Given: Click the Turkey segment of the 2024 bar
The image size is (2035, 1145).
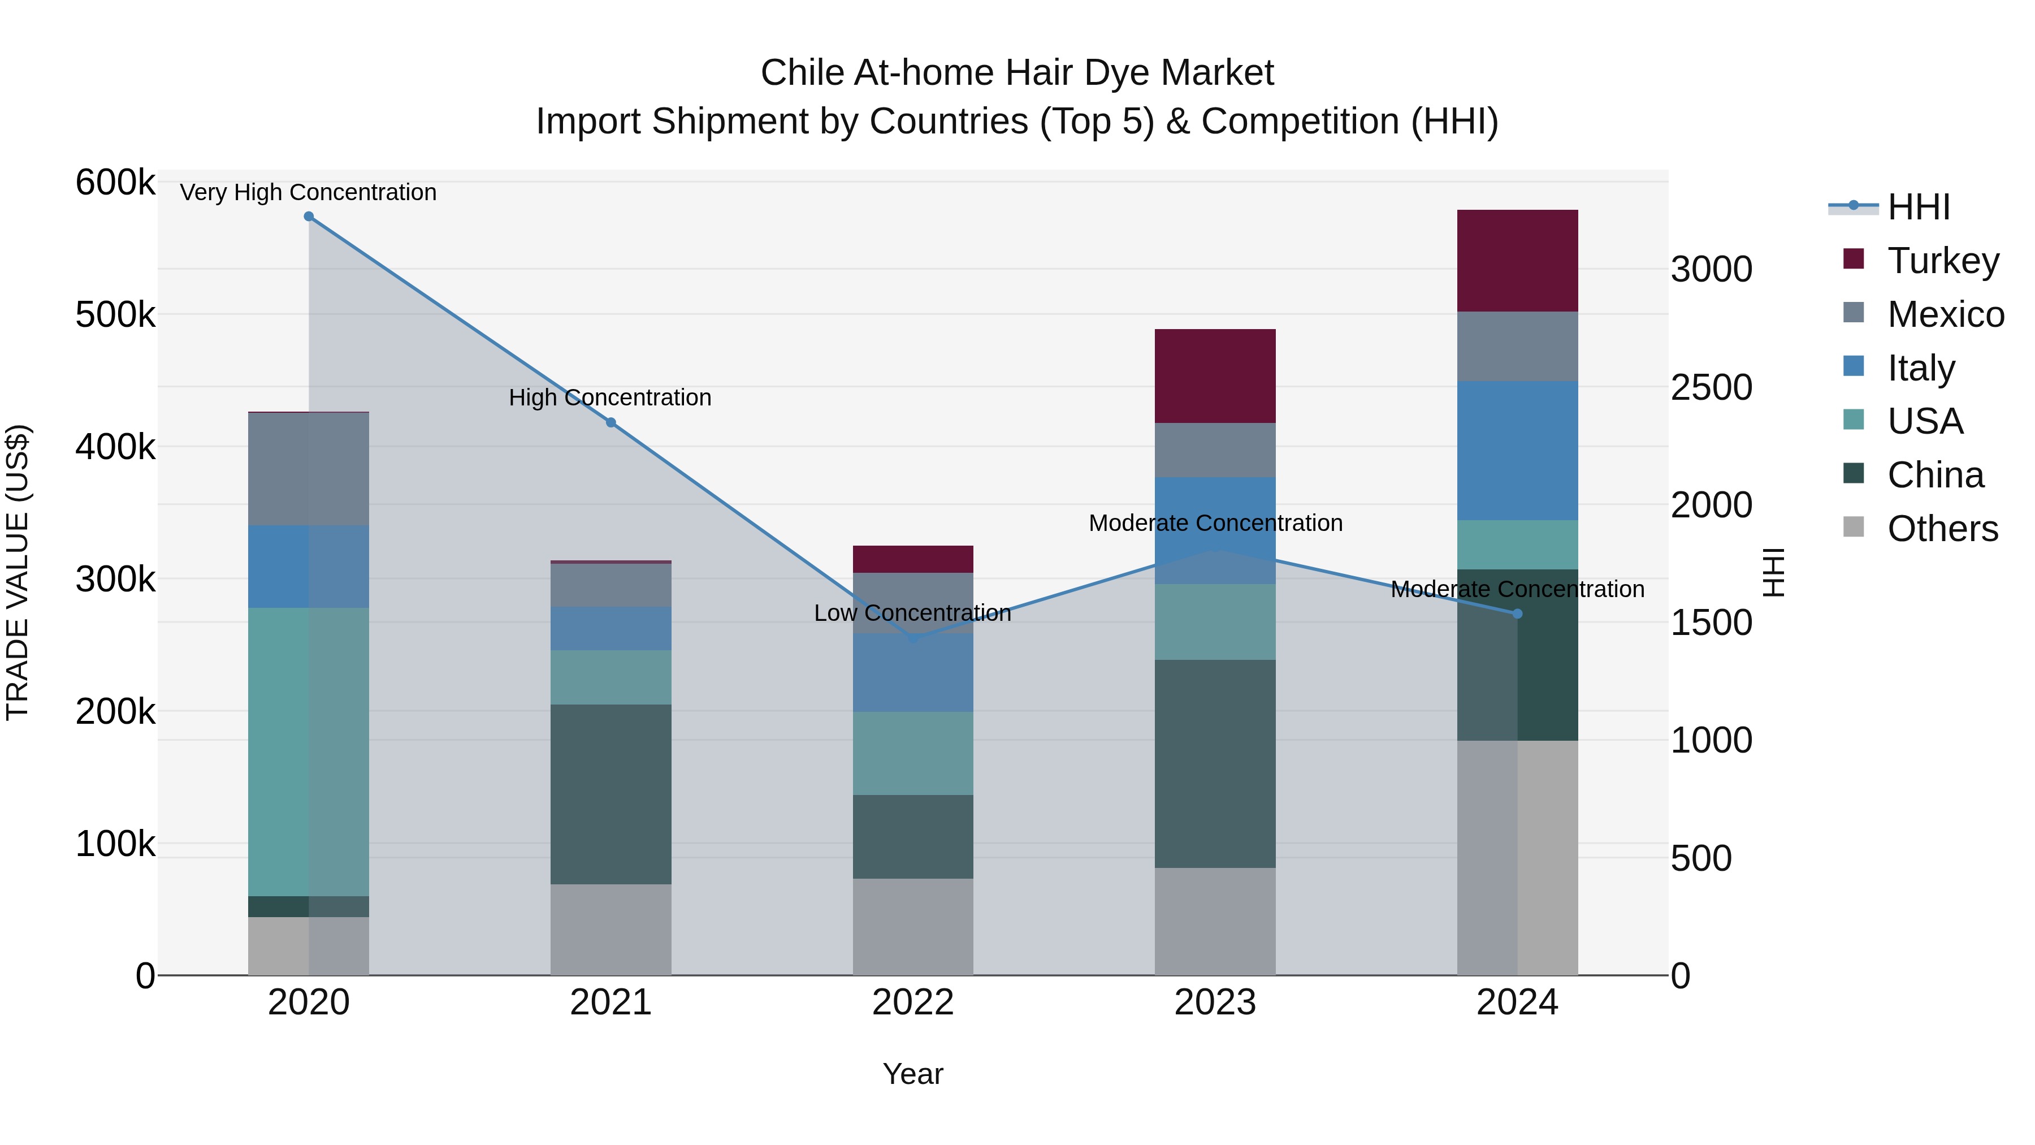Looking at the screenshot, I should tap(1517, 261).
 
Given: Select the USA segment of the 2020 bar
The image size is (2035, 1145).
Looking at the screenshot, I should tap(308, 751).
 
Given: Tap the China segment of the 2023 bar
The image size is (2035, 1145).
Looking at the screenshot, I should tap(1215, 763).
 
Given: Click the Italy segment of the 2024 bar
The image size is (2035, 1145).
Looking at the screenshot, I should tap(1517, 451).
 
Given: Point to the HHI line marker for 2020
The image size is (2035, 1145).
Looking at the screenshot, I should tap(309, 217).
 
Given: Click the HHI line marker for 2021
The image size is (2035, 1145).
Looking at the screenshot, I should tap(610, 423).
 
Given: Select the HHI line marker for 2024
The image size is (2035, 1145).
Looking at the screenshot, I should tap(1517, 614).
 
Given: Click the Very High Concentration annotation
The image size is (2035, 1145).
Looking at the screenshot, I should tap(308, 192).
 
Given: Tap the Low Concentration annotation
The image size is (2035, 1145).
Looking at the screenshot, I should tap(912, 613).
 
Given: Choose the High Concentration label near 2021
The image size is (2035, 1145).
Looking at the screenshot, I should tap(610, 397).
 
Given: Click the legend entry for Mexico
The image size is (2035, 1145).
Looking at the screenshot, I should tap(1945, 314).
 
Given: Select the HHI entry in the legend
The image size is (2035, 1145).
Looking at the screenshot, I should tap(1918, 207).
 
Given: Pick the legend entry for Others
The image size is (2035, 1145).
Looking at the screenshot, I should tap(1942, 529).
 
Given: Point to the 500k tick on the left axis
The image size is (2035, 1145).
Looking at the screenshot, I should tap(115, 314).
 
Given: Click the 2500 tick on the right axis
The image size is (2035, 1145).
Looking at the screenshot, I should tap(1711, 387).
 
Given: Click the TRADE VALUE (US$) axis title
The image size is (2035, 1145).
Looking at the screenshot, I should tap(18, 572).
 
